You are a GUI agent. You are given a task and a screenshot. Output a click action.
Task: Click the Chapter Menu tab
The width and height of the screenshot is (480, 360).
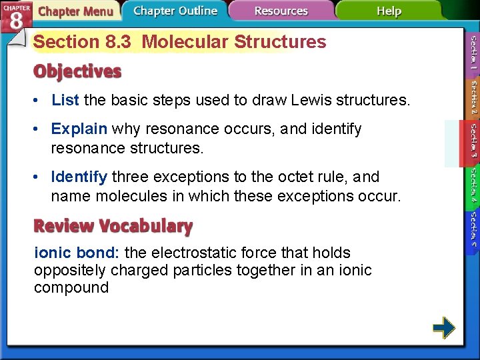tap(75, 11)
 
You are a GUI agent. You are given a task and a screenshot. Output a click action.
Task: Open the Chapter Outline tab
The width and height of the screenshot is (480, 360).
tap(175, 11)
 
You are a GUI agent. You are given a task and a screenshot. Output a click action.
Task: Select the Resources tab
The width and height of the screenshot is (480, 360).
tap(281, 11)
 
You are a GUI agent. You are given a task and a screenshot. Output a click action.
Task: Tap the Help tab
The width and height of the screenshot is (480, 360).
tap(389, 11)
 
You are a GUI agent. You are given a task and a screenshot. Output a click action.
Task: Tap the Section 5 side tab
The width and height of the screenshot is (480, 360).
tap(473, 228)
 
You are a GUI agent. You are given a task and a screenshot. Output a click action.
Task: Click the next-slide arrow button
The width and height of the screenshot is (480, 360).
tap(443, 327)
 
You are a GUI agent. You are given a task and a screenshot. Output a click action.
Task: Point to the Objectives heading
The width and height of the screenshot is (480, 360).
tap(77, 71)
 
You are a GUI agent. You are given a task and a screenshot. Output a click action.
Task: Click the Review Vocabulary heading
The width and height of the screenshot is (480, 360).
tap(113, 226)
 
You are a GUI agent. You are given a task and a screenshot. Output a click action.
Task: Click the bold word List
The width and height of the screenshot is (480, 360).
tap(65, 101)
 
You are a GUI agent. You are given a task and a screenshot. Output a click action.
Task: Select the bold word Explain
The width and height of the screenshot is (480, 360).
tap(79, 129)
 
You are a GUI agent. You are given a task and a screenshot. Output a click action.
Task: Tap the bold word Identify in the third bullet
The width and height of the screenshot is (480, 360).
tap(79, 177)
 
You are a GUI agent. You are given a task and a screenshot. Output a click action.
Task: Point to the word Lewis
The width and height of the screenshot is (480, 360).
tap(311, 101)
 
